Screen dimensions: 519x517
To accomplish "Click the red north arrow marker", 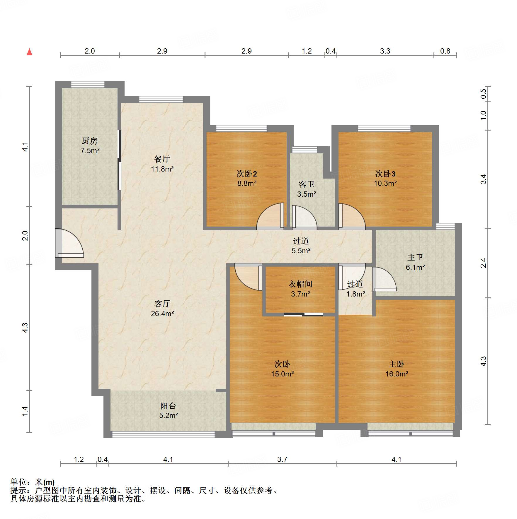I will click(29, 52).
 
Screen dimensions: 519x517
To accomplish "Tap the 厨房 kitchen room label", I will click(89, 141).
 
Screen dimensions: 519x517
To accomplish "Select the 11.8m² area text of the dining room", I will click(162, 169).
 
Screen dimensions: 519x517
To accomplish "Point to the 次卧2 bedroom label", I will click(247, 174).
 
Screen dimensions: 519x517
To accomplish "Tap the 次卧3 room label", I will click(385, 174).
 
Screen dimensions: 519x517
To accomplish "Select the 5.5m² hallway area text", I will click(301, 251).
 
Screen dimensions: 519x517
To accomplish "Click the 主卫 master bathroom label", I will click(415, 257).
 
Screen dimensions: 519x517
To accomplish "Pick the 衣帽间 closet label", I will click(300, 284).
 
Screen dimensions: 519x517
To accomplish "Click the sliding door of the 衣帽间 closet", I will click(303, 315).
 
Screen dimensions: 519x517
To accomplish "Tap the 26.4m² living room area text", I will click(162, 314).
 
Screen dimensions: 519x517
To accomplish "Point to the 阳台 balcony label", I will click(168, 406).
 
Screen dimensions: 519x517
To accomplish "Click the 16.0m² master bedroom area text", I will click(397, 374).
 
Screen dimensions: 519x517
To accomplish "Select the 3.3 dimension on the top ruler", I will click(385, 51).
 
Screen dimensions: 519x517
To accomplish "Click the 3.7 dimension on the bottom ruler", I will click(282, 459).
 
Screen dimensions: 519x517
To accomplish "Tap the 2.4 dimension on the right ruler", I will click(483, 263).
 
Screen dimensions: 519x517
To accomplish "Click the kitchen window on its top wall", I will click(88, 84).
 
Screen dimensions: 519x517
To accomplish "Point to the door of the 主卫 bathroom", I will click(384, 280).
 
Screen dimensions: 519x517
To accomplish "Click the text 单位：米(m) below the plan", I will click(33, 482).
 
